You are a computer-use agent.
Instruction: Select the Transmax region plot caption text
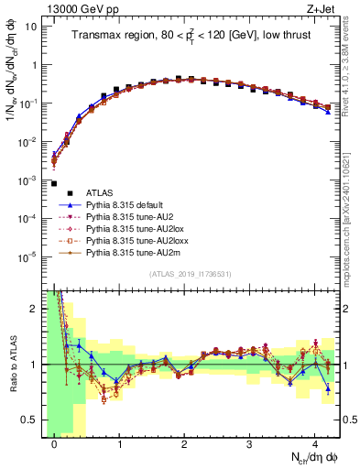[x=193, y=37]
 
